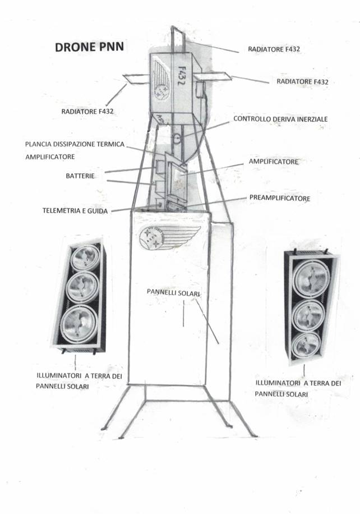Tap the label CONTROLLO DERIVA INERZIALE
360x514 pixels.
[x=280, y=119]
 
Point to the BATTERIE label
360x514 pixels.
[x=80, y=176]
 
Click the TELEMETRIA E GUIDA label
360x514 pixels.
[x=75, y=210]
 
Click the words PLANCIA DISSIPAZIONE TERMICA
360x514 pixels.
[x=75, y=144]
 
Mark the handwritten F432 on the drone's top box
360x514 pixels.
[x=182, y=74]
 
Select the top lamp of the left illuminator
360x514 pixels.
[x=85, y=257]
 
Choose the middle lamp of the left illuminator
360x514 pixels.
[x=82, y=287]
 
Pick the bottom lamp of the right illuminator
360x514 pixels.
[x=305, y=343]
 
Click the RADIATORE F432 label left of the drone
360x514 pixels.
[x=87, y=112]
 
